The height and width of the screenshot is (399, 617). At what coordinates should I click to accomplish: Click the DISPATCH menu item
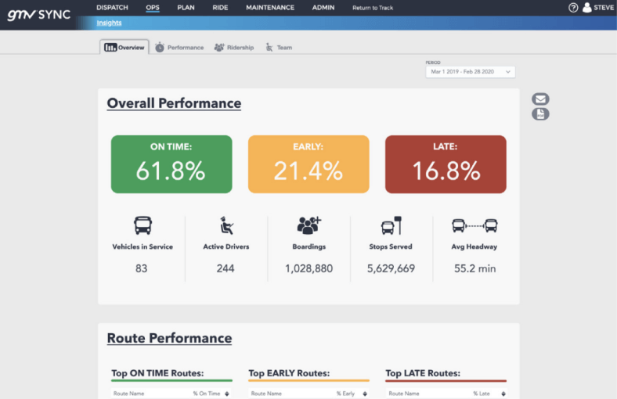(x=112, y=7)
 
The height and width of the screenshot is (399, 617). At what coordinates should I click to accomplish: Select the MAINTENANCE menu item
(x=270, y=7)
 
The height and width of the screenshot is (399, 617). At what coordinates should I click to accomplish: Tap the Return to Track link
(x=373, y=8)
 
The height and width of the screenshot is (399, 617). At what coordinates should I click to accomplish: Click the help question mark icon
(x=573, y=8)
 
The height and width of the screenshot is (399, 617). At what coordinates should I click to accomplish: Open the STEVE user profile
(x=598, y=8)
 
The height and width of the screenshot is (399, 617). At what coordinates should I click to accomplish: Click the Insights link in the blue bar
(x=109, y=23)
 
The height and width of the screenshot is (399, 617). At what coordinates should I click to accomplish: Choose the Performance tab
(x=179, y=48)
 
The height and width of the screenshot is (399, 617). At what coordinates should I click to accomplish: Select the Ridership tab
(x=234, y=48)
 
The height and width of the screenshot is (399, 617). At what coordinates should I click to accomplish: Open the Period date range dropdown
(x=470, y=71)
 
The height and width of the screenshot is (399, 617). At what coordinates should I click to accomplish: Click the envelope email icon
(x=540, y=99)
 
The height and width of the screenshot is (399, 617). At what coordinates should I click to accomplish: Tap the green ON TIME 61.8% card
(x=171, y=164)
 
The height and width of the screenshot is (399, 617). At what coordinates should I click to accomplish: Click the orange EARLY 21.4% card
(x=308, y=164)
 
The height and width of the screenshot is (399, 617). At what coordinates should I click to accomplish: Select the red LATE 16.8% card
(x=446, y=164)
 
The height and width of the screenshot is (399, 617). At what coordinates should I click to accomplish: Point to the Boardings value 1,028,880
(x=309, y=268)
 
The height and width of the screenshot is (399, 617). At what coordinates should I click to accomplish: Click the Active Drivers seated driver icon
(x=226, y=226)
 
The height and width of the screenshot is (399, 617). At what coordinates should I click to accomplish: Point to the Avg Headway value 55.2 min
(x=475, y=268)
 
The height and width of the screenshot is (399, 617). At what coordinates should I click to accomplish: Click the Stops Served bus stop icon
(x=391, y=225)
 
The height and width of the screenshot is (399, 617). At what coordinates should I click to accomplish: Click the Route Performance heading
(x=169, y=339)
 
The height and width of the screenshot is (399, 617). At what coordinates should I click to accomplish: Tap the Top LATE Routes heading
(x=423, y=373)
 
